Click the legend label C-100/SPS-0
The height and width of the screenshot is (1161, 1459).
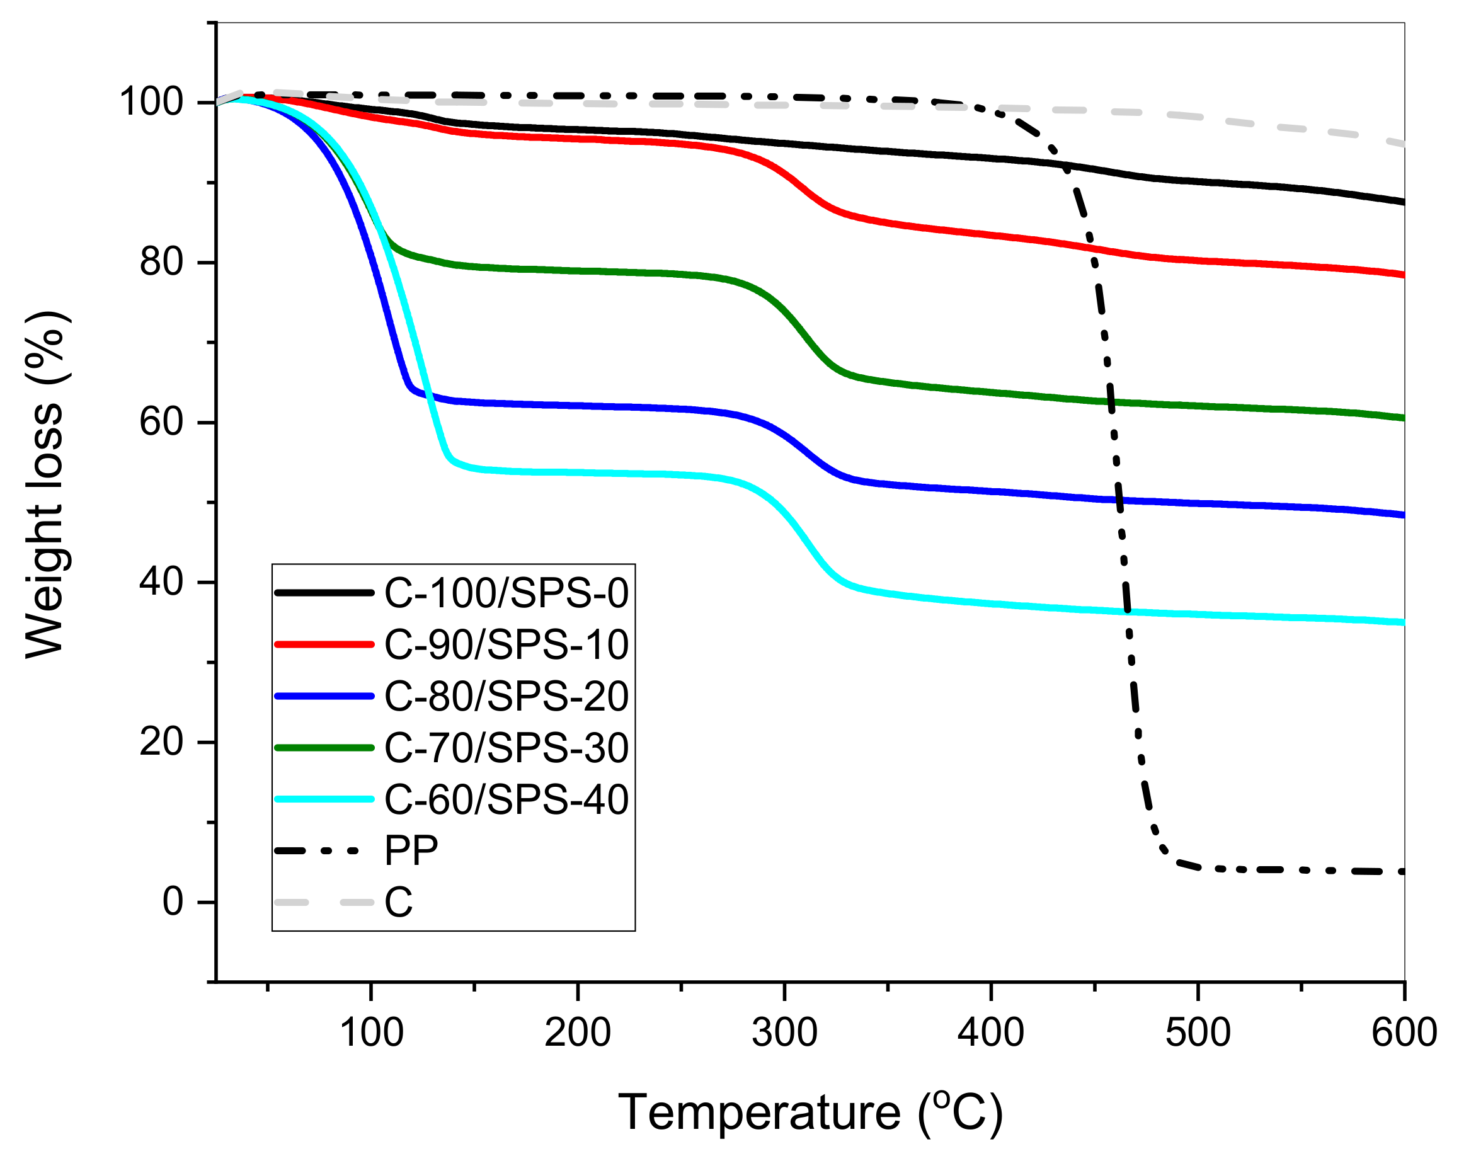(x=506, y=593)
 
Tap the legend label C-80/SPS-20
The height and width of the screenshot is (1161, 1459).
(x=506, y=696)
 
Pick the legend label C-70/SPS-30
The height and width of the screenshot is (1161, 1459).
(x=506, y=748)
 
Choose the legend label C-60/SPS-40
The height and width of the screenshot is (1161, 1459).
(x=506, y=799)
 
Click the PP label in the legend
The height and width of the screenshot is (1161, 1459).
(x=411, y=850)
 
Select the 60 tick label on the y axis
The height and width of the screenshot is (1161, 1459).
(x=161, y=422)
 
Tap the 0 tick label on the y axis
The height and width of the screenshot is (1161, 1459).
(x=173, y=902)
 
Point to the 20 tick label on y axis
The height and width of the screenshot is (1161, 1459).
(x=161, y=742)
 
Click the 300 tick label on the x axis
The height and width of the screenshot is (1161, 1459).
(x=784, y=1033)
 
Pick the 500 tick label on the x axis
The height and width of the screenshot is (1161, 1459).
(x=1198, y=1033)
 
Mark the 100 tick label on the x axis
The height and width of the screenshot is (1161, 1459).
(x=371, y=1033)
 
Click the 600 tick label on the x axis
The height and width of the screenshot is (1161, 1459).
(x=1404, y=1033)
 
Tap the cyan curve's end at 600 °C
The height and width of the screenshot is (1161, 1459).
(x=1402, y=622)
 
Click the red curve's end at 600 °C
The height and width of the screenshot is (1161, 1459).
(x=1402, y=275)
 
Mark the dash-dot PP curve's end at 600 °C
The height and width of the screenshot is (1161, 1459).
(x=1401, y=872)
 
